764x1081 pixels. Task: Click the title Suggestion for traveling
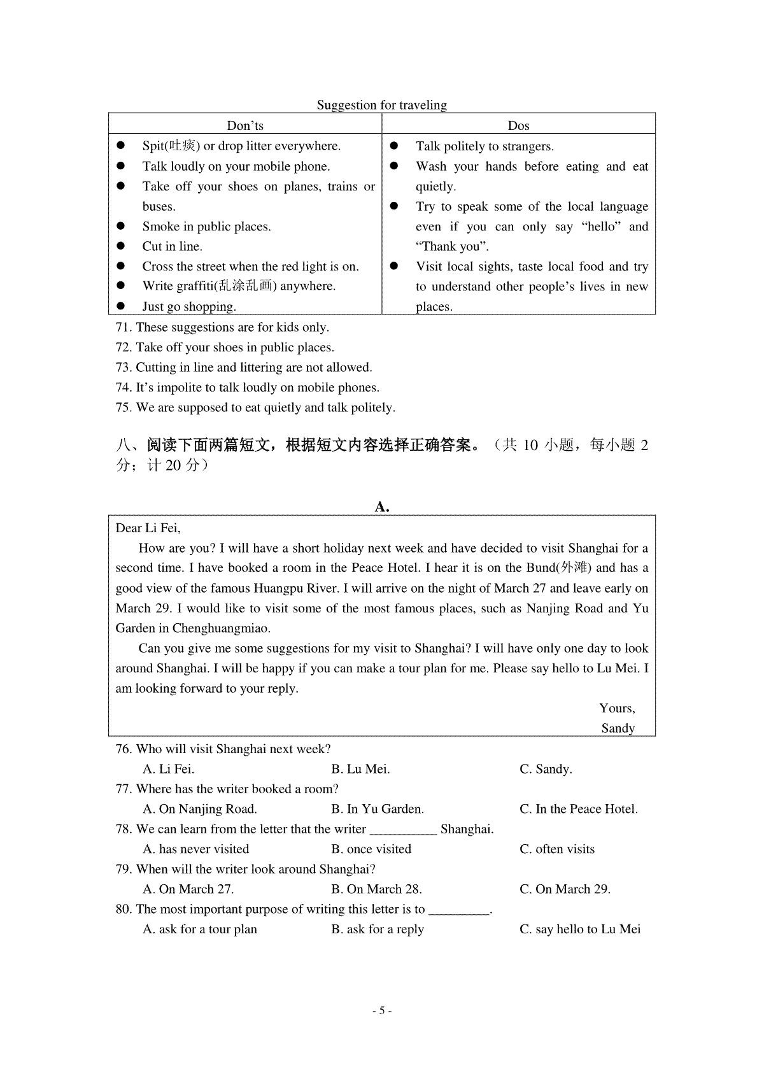[x=382, y=105]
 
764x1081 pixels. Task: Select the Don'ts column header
[x=245, y=125]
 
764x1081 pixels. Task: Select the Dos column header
[x=518, y=125]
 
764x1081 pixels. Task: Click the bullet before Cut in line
[x=121, y=246]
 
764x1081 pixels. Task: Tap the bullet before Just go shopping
[x=121, y=306]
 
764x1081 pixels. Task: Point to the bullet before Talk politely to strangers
[x=394, y=146]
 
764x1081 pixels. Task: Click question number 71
[x=124, y=327]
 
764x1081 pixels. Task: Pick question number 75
[x=124, y=407]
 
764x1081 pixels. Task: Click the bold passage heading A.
[x=382, y=507]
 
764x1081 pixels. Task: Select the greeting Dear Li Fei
[x=148, y=528]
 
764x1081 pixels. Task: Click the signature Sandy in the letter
[x=618, y=728]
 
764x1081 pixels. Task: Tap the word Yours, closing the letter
[x=617, y=709]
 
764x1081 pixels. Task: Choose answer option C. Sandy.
[x=546, y=769]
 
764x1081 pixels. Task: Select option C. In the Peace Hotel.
[x=578, y=809]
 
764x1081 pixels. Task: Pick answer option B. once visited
[x=371, y=849]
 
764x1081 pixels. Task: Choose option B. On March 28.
[x=376, y=889]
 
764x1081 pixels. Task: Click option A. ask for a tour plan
[x=200, y=929]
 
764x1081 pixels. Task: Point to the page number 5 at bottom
[x=381, y=1010]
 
